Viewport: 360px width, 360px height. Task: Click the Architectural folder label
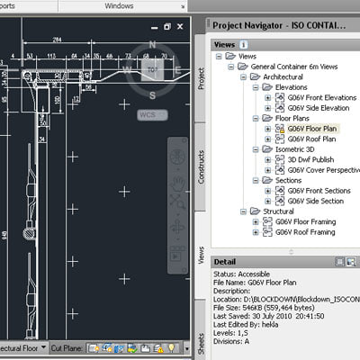pyautogui.click(x=278, y=76)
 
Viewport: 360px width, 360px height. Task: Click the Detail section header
pyautogui.click(x=224, y=263)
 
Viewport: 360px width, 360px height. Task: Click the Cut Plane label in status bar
pyautogui.click(x=67, y=347)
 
